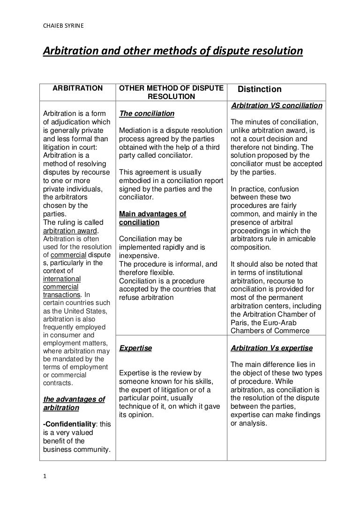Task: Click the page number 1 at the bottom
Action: point(44,478)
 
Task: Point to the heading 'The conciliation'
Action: point(147,114)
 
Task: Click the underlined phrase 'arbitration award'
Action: point(71,230)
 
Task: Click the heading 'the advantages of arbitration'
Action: point(74,403)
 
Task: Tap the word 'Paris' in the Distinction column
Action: point(240,322)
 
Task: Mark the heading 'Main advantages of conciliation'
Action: point(152,218)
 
